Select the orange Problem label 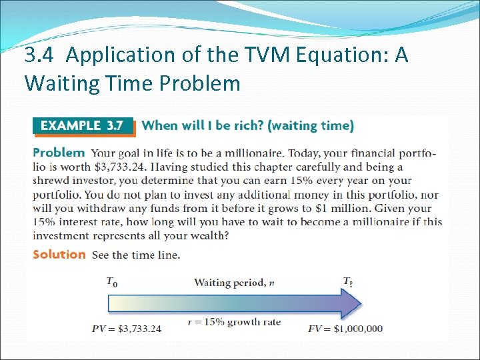click(x=59, y=153)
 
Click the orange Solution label click(x=59, y=254)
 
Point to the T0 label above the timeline click(x=112, y=282)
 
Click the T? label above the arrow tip click(x=348, y=282)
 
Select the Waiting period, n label click(x=233, y=283)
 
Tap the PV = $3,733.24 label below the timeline click(x=126, y=328)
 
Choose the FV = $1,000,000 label click(x=345, y=328)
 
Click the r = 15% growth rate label click(x=234, y=322)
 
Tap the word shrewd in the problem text click(x=51, y=181)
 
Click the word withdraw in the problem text click(x=101, y=208)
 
